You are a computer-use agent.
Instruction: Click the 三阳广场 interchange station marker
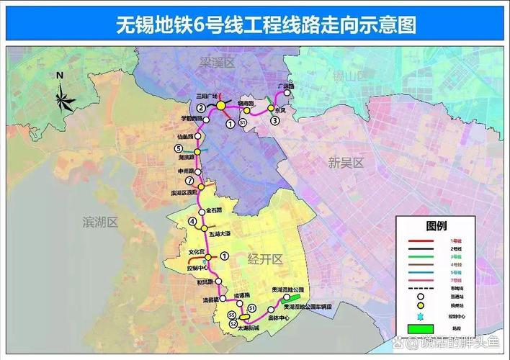click(221, 106)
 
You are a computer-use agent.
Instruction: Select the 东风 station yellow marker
click(272, 109)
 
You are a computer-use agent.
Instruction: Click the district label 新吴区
click(345, 163)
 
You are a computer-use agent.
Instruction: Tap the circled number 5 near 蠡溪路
click(178, 148)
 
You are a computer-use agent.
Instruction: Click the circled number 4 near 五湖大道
click(192, 221)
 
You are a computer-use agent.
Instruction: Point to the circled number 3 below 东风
click(274, 121)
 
